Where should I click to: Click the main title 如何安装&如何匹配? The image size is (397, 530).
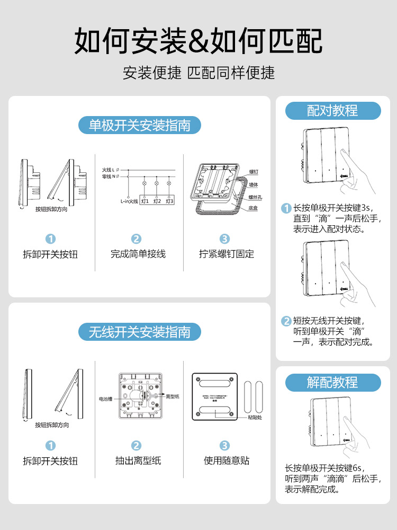pyautogui.click(x=198, y=41)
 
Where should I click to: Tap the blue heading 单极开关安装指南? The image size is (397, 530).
pyautogui.click(x=140, y=125)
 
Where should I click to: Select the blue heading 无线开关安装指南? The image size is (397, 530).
pyautogui.click(x=140, y=332)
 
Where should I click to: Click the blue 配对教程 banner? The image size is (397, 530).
pyautogui.click(x=332, y=110)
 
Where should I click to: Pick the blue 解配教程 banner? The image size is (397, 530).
pyautogui.click(x=332, y=382)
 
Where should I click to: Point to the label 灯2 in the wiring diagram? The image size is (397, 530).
pyautogui.click(x=157, y=201)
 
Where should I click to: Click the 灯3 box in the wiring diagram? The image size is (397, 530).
pyautogui.click(x=169, y=201)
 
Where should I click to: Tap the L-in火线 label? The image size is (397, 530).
pyautogui.click(x=129, y=201)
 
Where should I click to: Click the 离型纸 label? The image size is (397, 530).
pyautogui.click(x=173, y=396)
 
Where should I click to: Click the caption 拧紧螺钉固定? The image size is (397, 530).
pyautogui.click(x=227, y=254)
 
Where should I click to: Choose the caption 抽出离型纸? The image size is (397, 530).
pyautogui.click(x=138, y=461)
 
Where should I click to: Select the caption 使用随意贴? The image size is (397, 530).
pyautogui.click(x=227, y=461)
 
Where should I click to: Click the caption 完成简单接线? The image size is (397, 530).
pyautogui.click(x=138, y=254)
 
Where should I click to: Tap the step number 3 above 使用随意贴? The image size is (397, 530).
pyautogui.click(x=224, y=446)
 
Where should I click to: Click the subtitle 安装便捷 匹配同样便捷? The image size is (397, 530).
pyautogui.click(x=198, y=72)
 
